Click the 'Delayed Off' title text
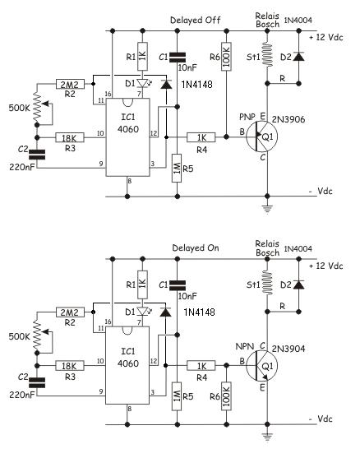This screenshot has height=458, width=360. point(195,21)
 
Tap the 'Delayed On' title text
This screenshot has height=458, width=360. point(196,248)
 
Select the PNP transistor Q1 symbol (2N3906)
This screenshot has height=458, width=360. point(261,136)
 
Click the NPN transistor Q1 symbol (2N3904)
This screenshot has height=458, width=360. point(261,365)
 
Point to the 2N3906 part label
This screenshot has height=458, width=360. point(288,119)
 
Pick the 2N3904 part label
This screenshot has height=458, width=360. point(288,349)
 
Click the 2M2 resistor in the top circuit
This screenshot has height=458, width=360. point(70,84)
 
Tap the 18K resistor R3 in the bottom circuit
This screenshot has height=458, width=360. point(70,366)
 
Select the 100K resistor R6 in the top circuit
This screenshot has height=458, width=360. point(226,57)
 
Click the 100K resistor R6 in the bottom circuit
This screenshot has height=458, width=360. point(226,396)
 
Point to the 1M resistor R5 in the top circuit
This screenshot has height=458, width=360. point(177,169)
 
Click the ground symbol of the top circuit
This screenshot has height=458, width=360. point(267,209)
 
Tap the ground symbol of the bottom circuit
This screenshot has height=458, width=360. point(267,437)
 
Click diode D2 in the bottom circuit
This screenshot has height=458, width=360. point(298,285)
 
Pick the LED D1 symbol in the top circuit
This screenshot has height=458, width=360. point(143,84)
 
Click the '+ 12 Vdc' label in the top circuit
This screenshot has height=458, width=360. point(325,37)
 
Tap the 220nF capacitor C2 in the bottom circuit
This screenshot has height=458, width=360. point(37,382)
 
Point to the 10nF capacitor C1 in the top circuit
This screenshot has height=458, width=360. point(177,58)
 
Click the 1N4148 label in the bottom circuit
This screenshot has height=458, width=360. point(199,312)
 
